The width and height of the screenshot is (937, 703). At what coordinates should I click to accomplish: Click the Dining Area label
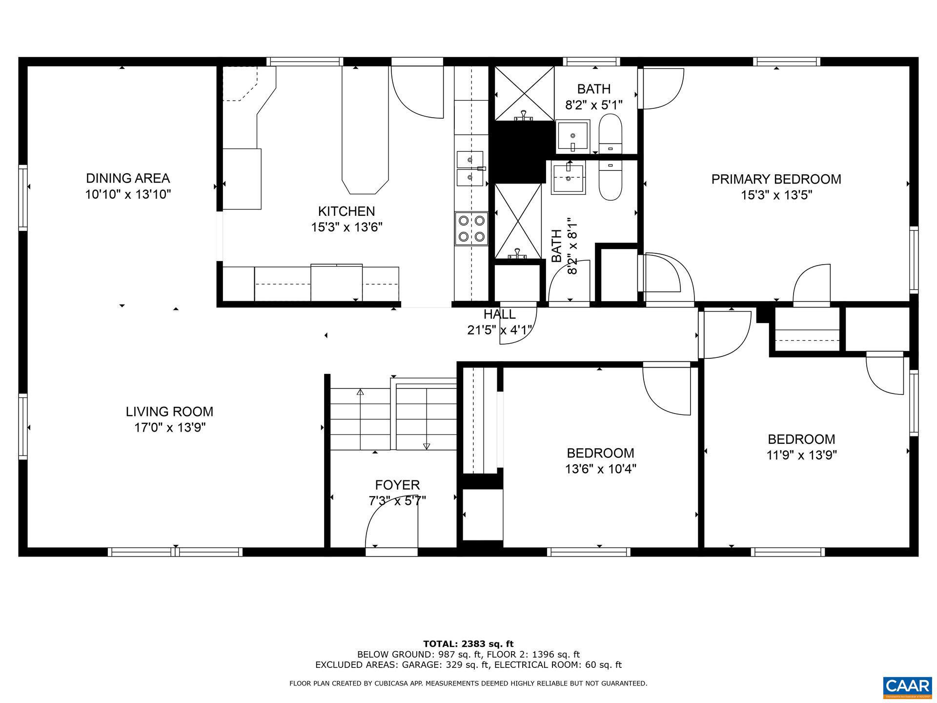tap(128, 178)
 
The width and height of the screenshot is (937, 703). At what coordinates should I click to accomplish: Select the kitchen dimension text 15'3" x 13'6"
tap(346, 227)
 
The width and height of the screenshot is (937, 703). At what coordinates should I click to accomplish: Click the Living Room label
tap(169, 412)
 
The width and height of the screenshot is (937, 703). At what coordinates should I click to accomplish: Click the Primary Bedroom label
tap(776, 179)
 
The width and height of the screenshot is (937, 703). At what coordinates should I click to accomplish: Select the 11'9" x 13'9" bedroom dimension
tap(801, 455)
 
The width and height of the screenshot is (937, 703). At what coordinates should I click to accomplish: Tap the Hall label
tap(499, 314)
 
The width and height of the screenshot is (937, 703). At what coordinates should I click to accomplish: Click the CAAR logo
tap(907, 686)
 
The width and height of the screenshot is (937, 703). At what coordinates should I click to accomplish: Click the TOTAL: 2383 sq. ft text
tap(468, 644)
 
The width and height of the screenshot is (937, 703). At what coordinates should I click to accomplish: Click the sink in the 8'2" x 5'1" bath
tap(573, 136)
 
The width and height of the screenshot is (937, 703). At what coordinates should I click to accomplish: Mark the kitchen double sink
tap(469, 168)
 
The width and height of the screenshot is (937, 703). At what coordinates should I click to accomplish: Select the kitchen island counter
tap(365, 129)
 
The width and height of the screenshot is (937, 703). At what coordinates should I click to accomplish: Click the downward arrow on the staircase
tap(427, 445)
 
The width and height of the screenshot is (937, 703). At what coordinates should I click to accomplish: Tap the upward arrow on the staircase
tap(360, 392)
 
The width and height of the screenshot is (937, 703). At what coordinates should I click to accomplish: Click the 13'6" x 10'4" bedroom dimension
tap(600, 469)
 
